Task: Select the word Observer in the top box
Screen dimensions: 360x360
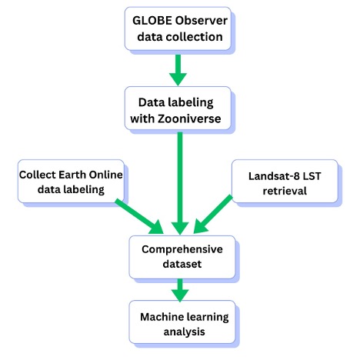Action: click(202, 21)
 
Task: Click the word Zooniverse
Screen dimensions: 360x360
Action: click(189, 118)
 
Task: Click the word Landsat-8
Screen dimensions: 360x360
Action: click(274, 176)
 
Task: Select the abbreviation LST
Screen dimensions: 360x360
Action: click(312, 176)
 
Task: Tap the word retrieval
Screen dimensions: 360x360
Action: click(285, 191)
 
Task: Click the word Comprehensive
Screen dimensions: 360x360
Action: click(182, 249)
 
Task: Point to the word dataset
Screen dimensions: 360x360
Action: click(182, 264)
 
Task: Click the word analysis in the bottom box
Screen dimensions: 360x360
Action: click(184, 332)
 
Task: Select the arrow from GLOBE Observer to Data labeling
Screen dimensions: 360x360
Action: click(178, 70)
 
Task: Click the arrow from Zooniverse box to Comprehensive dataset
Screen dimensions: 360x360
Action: click(180, 183)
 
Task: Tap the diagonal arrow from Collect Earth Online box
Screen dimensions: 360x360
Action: click(139, 216)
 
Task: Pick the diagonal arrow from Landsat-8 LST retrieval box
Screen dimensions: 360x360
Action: click(213, 215)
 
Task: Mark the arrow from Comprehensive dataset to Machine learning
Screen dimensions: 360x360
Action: click(180, 290)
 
